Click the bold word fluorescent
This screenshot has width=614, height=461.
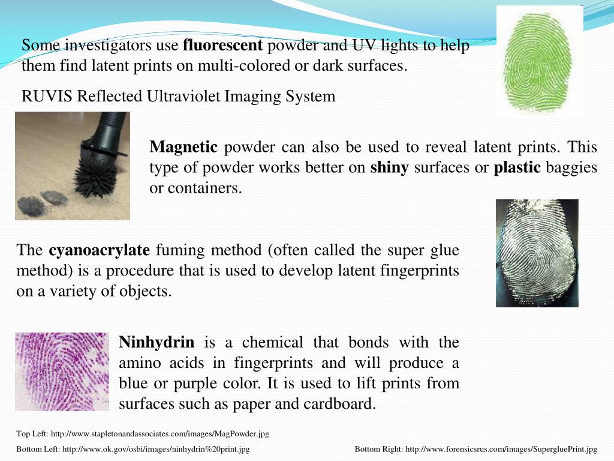222,46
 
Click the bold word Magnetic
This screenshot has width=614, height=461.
183,147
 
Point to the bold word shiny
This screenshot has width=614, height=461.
389,167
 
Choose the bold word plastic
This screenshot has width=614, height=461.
517,167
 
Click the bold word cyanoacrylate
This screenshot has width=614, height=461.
99,250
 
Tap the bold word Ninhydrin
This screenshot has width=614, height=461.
156,343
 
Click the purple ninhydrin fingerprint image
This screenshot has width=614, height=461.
62,371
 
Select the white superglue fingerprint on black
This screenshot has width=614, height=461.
537,253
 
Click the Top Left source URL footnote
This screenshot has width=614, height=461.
143,433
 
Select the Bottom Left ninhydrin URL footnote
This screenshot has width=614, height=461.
133,449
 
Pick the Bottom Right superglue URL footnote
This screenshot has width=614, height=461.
475,449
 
